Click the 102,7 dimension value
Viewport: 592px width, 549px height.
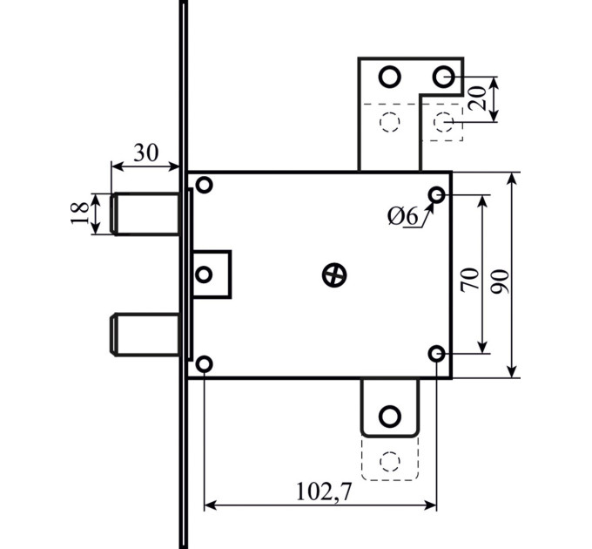pos(324,491)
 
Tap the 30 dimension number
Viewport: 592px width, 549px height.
pos(146,153)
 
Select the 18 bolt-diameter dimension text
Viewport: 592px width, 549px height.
pos(80,213)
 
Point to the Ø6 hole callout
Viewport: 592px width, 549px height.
pos(403,217)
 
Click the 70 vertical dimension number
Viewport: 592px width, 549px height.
pos(469,280)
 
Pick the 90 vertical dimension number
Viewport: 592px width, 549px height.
pos(500,281)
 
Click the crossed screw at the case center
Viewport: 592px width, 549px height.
pos(334,275)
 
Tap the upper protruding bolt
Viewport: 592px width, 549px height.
pos(145,213)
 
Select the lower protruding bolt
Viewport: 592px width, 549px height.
pos(145,335)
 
